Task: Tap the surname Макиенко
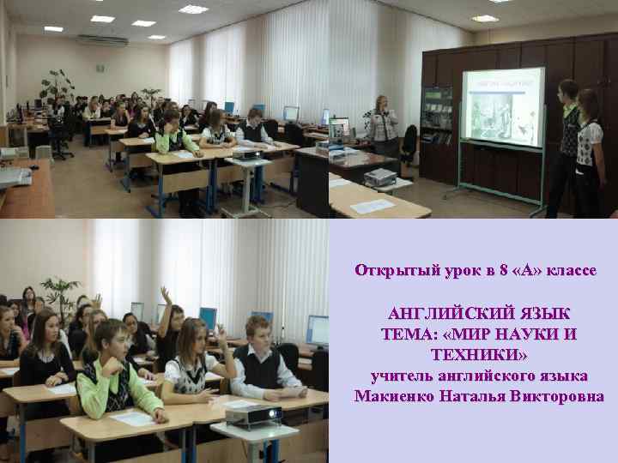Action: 398,396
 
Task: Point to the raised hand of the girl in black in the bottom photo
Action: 166,294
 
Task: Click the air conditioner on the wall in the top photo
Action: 101,40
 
